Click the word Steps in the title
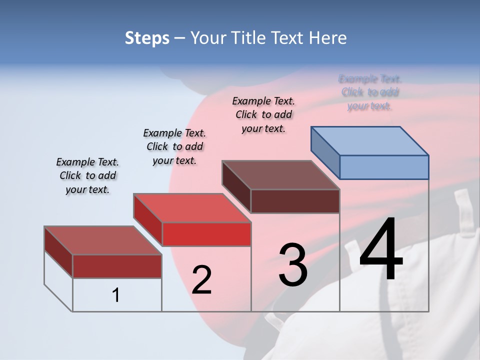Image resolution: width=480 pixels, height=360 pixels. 147,38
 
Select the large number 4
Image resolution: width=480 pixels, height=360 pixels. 381,250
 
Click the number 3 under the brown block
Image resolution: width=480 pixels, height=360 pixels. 293,265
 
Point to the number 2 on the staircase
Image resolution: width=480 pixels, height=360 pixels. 201,280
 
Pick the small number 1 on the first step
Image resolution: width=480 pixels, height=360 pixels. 116,295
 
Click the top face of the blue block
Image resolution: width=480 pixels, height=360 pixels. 370,140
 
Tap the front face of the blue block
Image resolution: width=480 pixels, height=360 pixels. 384,167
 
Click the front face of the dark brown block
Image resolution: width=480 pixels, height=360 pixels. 295,201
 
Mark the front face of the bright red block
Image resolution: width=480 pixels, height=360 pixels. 206,234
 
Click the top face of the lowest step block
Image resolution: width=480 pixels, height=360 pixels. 103,240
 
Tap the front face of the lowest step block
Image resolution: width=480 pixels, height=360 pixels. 117,266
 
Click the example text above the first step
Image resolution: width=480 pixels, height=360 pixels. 87,176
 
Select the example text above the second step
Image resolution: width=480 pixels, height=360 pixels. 174,146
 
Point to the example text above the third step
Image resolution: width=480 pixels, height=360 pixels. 263,114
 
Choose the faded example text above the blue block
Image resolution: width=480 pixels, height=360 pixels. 370,92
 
